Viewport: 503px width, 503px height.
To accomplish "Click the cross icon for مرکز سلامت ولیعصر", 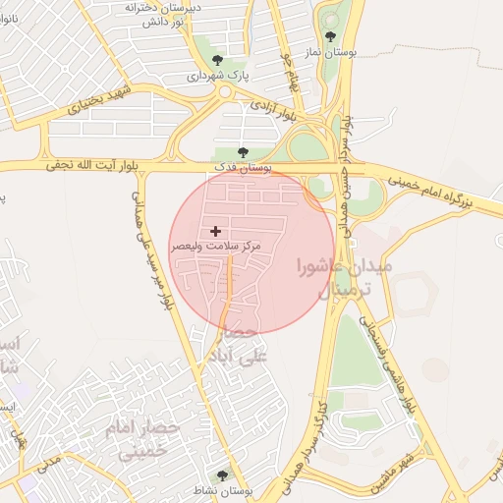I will (x=216, y=232).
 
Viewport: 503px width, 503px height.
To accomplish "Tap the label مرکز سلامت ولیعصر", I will (x=216, y=246).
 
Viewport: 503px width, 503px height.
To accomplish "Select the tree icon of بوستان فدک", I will (x=244, y=153).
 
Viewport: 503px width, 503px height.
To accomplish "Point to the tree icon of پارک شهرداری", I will (x=218, y=61).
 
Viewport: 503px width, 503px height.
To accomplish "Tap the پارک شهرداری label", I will (x=220, y=76).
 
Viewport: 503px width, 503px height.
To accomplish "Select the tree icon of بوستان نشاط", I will (x=223, y=475).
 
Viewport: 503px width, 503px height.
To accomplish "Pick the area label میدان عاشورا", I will (x=343, y=265).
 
